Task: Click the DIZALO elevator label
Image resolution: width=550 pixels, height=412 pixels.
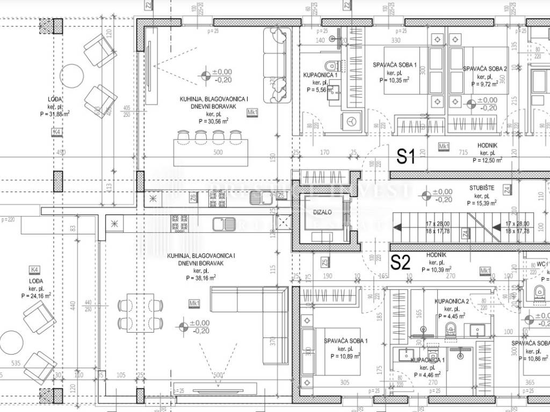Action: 322,212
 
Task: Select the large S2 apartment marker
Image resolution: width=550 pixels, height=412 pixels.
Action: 400,263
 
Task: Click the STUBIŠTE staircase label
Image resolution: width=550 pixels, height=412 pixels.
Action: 482,188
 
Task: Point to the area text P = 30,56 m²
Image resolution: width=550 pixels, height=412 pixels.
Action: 214,122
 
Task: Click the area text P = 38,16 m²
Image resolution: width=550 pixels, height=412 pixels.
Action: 201,278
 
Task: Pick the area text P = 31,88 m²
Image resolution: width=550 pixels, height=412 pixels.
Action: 55,114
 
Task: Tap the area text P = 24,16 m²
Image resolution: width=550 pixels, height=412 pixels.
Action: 37,296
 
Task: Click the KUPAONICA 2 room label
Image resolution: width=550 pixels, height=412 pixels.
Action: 452,302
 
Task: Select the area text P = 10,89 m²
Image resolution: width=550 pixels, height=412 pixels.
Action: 345,356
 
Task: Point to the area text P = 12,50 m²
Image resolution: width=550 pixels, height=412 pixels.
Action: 488,160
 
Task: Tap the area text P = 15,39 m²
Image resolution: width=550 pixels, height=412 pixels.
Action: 482,203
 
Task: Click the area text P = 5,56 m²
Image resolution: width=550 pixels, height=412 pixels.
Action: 321,90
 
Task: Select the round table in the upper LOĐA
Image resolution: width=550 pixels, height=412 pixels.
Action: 71,76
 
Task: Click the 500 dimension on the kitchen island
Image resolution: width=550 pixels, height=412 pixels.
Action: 217,152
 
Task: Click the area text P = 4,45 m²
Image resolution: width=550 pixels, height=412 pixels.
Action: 452,316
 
